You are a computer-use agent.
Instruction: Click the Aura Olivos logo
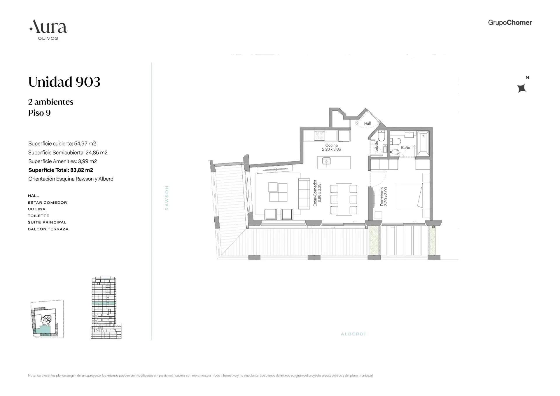pyautogui.click(x=48, y=29)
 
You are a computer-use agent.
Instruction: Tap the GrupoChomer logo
pyautogui.click(x=510, y=23)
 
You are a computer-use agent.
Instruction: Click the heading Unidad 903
pyautogui.click(x=64, y=82)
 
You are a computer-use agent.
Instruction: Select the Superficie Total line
pyautogui.click(x=61, y=170)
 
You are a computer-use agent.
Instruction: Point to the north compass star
pyautogui.click(x=521, y=88)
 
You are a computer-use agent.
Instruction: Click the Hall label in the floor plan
pyautogui.click(x=367, y=123)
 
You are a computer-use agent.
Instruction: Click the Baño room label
pyautogui.click(x=405, y=148)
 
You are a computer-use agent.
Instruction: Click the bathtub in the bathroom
pyautogui.click(x=423, y=143)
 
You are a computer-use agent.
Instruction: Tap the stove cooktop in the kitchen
pyautogui.click(x=319, y=136)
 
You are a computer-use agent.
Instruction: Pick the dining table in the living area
pyautogui.click(x=344, y=199)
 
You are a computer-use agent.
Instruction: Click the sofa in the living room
pyautogui.click(x=304, y=193)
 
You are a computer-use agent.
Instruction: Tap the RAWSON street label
pyautogui.click(x=167, y=198)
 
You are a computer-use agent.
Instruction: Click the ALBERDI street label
pyautogui.click(x=353, y=334)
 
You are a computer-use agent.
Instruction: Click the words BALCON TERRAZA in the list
pyautogui.click(x=48, y=229)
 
